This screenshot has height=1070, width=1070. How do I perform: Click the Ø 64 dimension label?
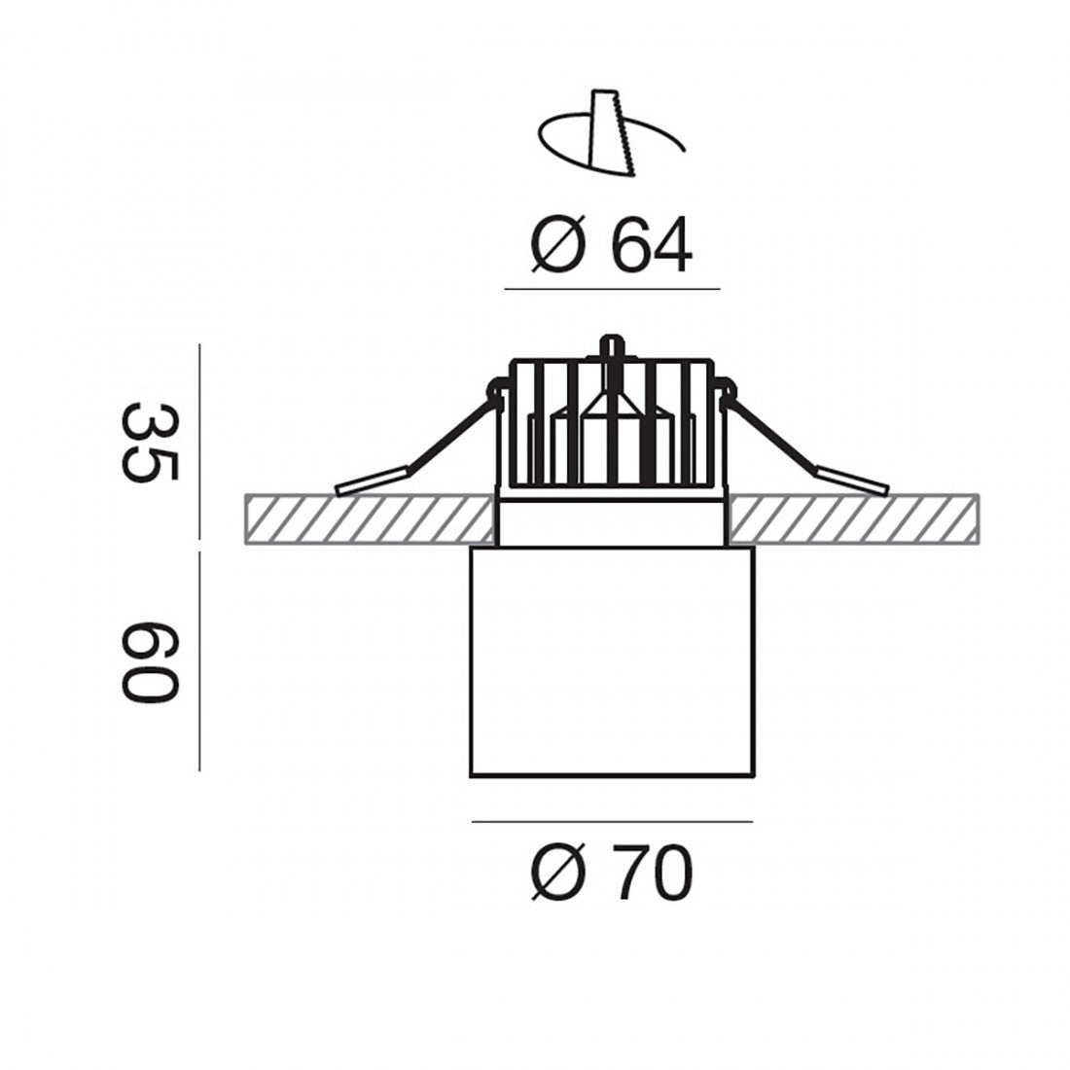pyautogui.click(x=612, y=245)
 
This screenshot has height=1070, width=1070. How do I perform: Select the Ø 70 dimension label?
pyautogui.click(x=612, y=873)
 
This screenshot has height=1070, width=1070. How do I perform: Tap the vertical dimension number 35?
pyautogui.click(x=150, y=443)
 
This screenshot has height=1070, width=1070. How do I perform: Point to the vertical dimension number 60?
pyautogui.click(x=150, y=661)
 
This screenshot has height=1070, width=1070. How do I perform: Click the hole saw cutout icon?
pyautogui.click(x=612, y=133)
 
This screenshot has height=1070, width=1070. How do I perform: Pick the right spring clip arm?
pyautogui.click(x=805, y=444)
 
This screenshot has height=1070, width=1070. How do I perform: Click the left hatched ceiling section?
pyautogui.click(x=369, y=519)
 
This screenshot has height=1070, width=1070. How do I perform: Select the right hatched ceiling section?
pyautogui.click(x=854, y=519)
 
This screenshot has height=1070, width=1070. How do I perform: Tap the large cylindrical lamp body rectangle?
pyautogui.click(x=612, y=661)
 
